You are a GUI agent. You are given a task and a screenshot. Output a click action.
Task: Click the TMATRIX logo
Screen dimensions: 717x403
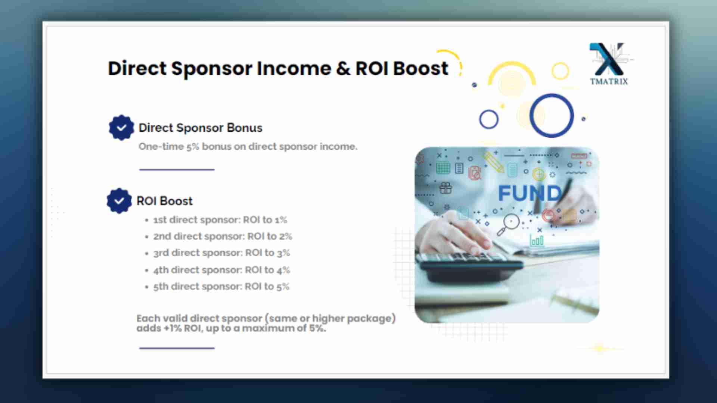tap(609, 64)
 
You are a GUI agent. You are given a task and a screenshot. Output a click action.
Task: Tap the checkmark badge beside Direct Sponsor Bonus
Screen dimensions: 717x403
tap(121, 128)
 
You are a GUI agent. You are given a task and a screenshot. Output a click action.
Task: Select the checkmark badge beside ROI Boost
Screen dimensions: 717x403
tap(119, 201)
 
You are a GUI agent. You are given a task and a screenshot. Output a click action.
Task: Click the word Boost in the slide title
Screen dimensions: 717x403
tap(420, 68)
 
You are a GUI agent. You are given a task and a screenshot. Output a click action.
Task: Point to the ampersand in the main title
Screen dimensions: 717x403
tap(343, 69)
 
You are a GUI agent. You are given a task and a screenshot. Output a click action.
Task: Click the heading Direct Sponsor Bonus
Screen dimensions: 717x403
tap(201, 128)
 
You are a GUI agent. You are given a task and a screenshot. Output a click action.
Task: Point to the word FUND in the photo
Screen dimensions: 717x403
tap(530, 193)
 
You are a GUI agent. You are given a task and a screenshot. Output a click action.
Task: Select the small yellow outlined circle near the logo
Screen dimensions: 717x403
tap(560, 71)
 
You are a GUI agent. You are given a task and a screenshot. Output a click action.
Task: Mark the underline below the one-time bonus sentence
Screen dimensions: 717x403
tap(177, 169)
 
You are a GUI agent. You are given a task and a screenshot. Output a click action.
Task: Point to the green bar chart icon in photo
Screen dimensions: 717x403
tap(537, 240)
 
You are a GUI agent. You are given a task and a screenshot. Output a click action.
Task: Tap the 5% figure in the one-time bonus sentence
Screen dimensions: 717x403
tap(193, 147)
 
